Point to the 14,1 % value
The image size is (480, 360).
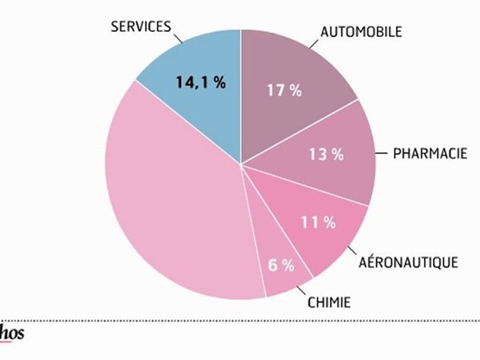pyautogui.click(x=200, y=82)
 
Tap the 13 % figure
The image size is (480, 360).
pyautogui.click(x=325, y=154)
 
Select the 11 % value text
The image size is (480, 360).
pyautogui.click(x=318, y=222)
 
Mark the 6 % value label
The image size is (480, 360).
pyautogui.click(x=281, y=265)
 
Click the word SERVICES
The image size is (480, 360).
pyautogui.click(x=141, y=26)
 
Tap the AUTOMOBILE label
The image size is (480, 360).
pyautogui.click(x=361, y=31)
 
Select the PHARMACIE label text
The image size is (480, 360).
pyautogui.click(x=430, y=153)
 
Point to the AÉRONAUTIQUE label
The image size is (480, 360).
pyautogui.click(x=408, y=262)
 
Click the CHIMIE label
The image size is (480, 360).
pyautogui.click(x=329, y=302)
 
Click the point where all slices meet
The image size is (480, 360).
pyautogui.click(x=240, y=164)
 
